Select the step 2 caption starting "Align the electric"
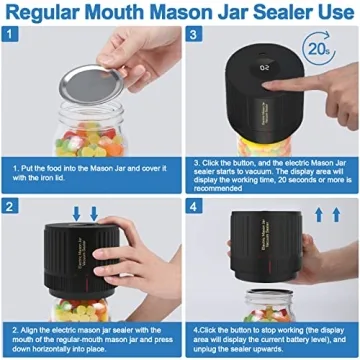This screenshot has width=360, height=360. [90, 334]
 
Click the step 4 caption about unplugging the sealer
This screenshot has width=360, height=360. [270, 334]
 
